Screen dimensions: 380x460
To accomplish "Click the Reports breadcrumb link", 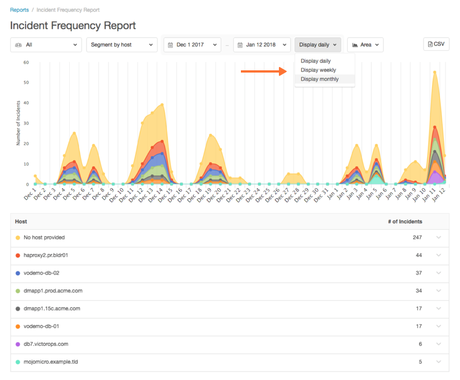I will (19, 10).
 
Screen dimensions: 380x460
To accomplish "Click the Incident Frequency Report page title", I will (73, 26).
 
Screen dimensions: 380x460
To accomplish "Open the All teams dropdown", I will (46, 45).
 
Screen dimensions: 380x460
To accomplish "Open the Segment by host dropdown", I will (122, 45).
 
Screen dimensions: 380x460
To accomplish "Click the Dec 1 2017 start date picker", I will (192, 45).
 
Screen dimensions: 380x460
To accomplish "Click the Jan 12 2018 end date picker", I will (262, 45).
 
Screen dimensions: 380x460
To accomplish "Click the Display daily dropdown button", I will (317, 45).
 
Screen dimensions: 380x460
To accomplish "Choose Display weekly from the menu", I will (318, 70).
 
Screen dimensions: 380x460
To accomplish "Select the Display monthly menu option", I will (320, 79).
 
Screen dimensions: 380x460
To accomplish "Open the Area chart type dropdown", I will (365, 45).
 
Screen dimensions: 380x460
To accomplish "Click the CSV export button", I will (436, 44).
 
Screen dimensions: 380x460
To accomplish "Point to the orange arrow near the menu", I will (263, 71).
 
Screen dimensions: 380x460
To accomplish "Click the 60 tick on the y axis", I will (26, 62).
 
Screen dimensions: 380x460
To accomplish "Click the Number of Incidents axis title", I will (18, 123).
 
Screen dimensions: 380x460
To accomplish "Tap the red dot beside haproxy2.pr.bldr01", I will (18, 256).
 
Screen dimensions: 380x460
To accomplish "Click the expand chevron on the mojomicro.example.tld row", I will (439, 362).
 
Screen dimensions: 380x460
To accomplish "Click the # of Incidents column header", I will (405, 222).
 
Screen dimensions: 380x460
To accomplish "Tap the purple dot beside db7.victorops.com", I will (18, 344).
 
